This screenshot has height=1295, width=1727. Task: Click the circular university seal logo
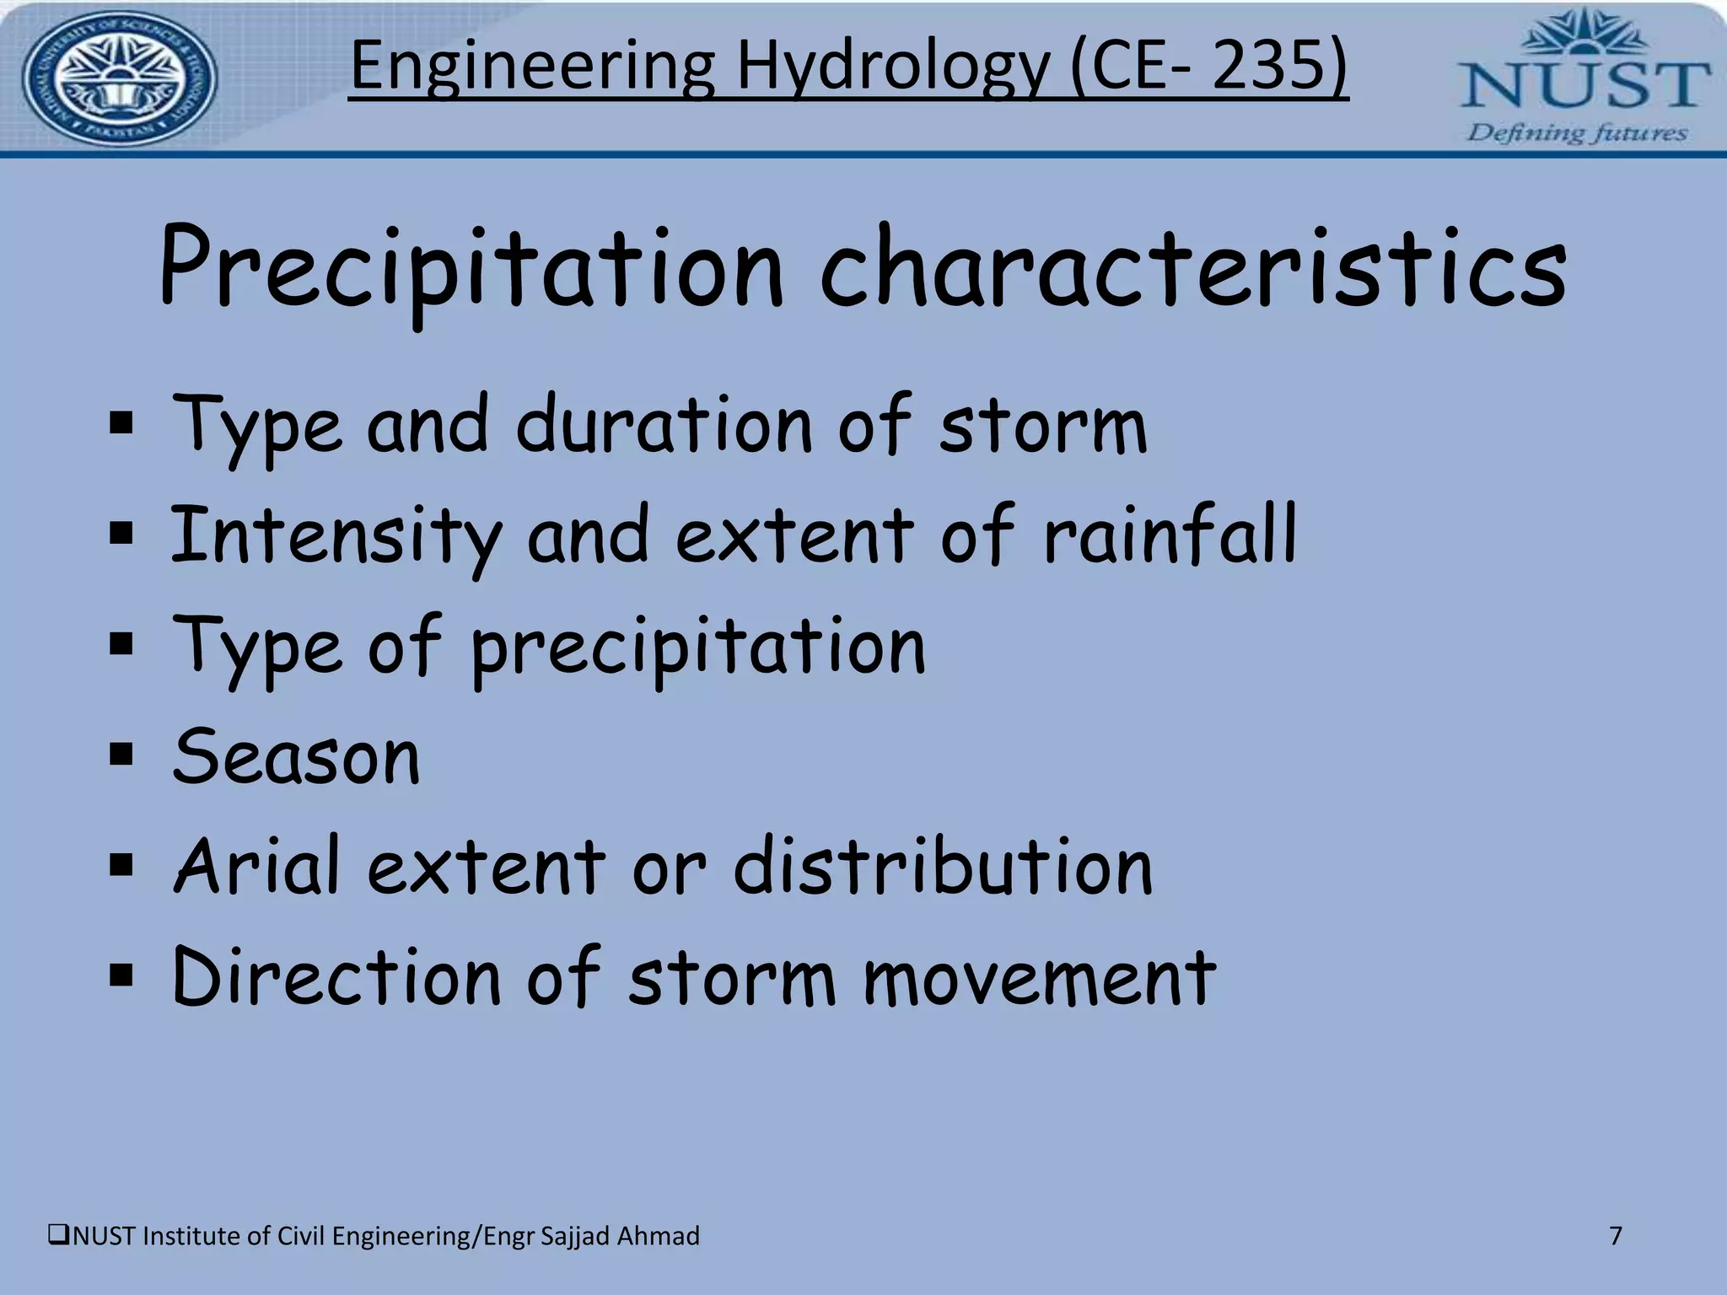click(119, 80)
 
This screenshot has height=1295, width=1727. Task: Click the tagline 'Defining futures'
click(1578, 133)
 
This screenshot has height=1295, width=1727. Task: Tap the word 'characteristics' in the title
click(1193, 268)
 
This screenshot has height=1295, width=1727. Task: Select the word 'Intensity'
click(336, 537)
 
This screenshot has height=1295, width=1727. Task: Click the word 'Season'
click(296, 756)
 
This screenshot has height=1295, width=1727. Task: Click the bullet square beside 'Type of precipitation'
click(121, 645)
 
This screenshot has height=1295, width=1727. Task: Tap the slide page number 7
click(1616, 1236)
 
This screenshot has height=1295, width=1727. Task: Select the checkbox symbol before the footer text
click(59, 1236)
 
